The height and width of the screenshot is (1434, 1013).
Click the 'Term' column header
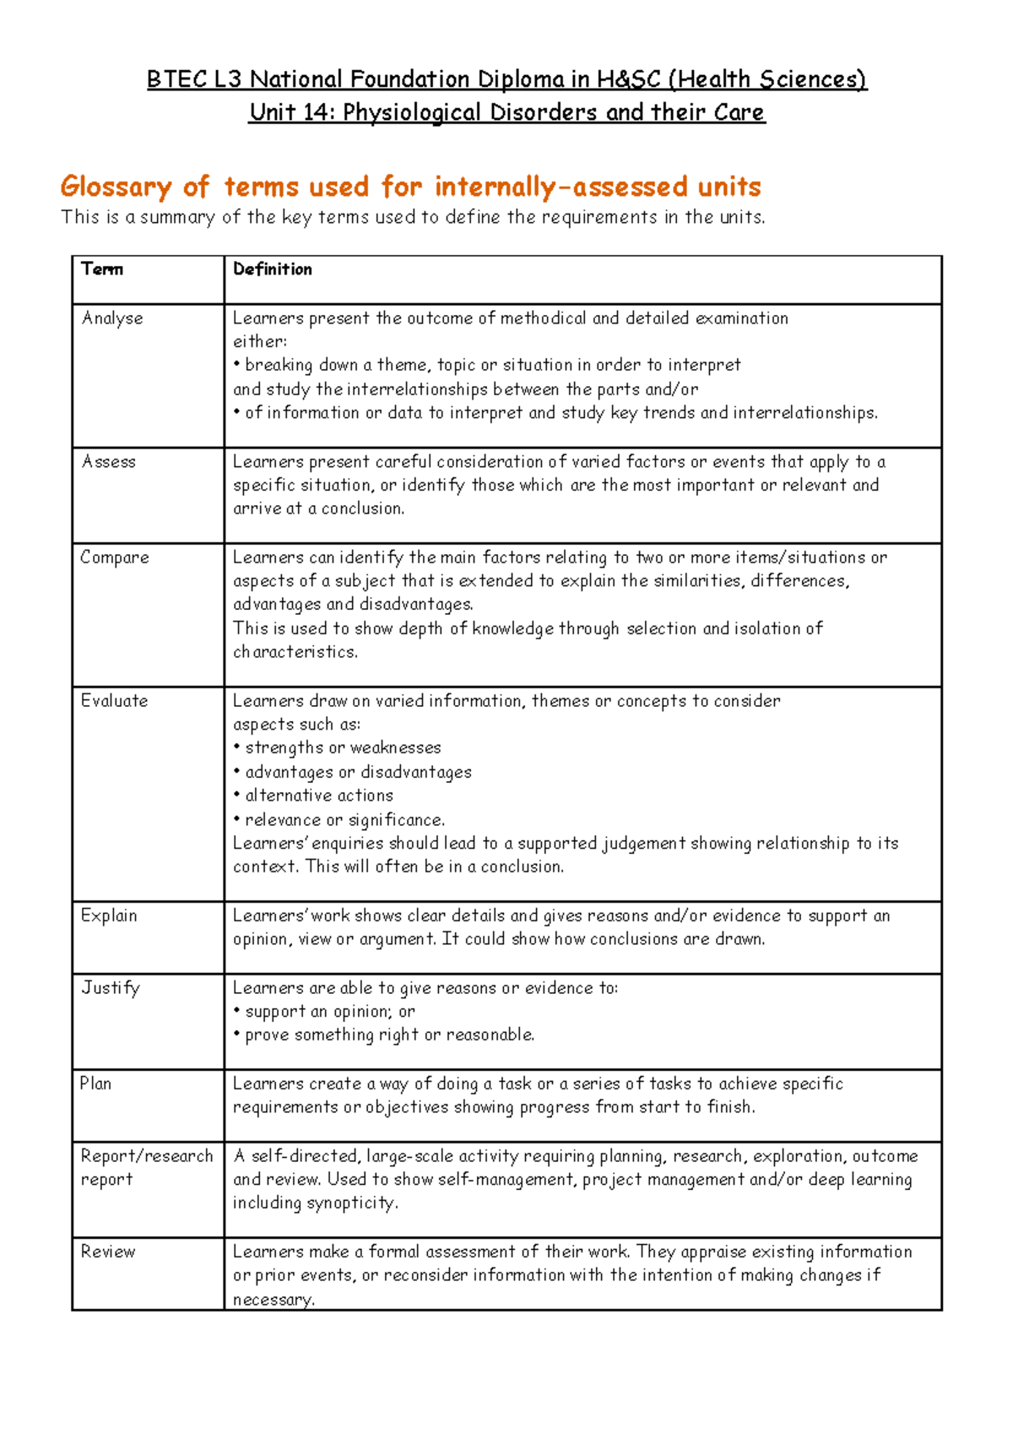coord(102,269)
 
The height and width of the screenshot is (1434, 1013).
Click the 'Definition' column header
coord(272,269)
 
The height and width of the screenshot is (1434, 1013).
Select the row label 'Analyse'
coord(112,318)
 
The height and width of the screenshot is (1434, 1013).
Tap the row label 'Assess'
coord(108,462)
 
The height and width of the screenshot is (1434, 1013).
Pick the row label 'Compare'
coord(114,557)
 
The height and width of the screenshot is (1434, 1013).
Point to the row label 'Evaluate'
coord(114,701)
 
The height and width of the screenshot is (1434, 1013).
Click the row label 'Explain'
coord(108,915)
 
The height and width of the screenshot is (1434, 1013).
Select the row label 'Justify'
coord(110,988)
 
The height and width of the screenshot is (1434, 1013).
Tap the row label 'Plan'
coord(95,1084)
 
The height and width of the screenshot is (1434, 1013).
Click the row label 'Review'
coord(107,1252)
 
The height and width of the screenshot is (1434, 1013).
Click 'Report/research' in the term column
coord(146,1156)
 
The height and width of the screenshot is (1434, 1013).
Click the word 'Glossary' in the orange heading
coord(116,187)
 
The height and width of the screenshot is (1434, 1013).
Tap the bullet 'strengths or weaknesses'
coord(342,748)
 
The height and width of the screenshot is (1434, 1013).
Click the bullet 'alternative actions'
coord(318,796)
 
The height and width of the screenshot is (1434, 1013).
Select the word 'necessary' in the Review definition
coord(272,1300)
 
